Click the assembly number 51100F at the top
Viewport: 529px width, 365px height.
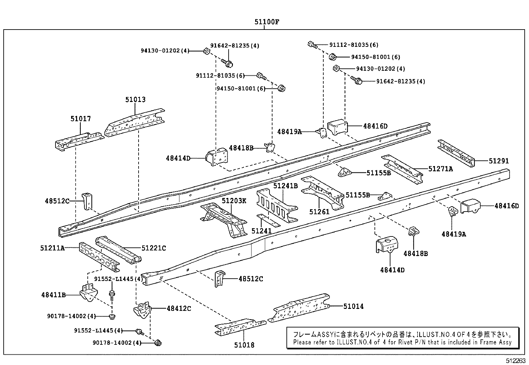coord(266,22)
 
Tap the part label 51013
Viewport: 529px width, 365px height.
coord(135,100)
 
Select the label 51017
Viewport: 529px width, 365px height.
coord(80,119)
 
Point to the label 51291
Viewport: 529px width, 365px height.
coord(498,161)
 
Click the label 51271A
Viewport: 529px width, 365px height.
coord(440,169)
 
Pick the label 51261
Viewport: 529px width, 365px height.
coord(319,212)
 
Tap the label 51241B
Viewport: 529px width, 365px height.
coord(285,186)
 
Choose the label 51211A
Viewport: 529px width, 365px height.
coord(52,248)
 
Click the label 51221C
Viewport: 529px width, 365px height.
coord(154,248)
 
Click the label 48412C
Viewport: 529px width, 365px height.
coord(179,309)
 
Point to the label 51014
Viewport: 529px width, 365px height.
coord(353,306)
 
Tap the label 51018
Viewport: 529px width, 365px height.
coord(244,345)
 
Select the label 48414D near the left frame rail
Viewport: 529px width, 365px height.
coord(178,158)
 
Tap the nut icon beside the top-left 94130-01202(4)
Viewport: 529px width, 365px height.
coord(206,51)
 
